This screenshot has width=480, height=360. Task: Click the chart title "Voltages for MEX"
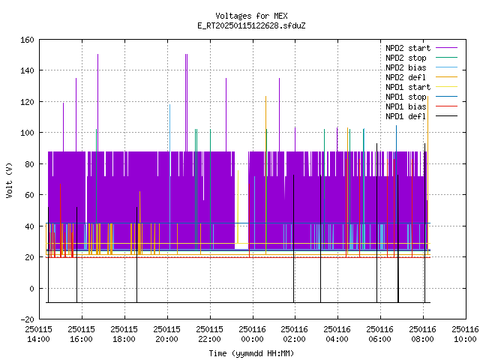[x=251, y=16]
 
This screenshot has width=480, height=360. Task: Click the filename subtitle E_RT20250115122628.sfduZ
[x=251, y=25]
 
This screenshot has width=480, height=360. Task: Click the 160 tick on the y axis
[x=27, y=40]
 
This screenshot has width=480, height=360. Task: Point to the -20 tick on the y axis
[x=27, y=319]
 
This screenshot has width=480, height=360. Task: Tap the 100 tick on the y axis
[x=27, y=133]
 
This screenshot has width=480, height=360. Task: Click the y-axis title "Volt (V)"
[x=10, y=181]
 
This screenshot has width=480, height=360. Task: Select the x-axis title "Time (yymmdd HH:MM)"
[x=251, y=353]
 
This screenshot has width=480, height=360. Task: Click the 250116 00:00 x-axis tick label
[x=253, y=334]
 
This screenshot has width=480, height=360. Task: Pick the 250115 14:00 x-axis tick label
[x=38, y=334]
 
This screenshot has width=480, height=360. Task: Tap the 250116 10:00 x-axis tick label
[x=465, y=334]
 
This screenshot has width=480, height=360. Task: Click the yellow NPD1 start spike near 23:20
[x=238, y=207]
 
